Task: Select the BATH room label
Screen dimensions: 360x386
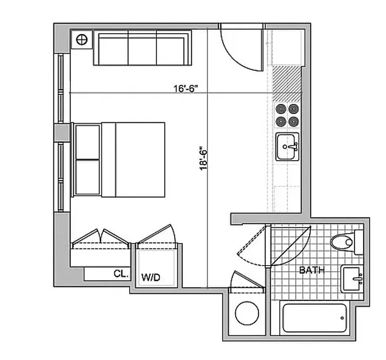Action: click(x=312, y=270)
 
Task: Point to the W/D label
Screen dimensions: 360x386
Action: click(x=151, y=277)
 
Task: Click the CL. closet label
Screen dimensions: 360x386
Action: click(x=121, y=273)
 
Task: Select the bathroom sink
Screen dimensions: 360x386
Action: click(x=352, y=279)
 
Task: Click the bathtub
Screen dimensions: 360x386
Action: click(x=314, y=318)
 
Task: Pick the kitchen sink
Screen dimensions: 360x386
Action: click(x=287, y=147)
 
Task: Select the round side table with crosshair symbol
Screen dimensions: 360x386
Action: click(x=82, y=40)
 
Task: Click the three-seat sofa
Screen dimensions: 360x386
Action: click(x=142, y=49)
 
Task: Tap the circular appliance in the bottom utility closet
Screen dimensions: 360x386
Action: click(x=246, y=312)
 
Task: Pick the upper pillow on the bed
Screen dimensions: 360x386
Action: click(x=87, y=142)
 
